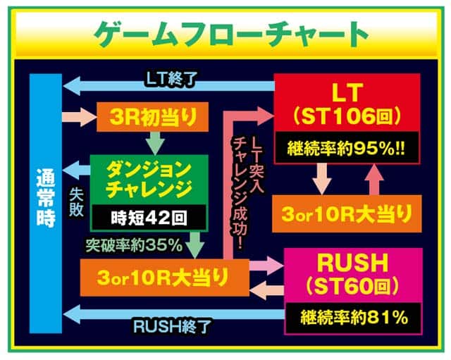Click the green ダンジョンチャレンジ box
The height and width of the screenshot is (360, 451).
150,178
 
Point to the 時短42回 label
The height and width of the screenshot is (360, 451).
150,218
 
